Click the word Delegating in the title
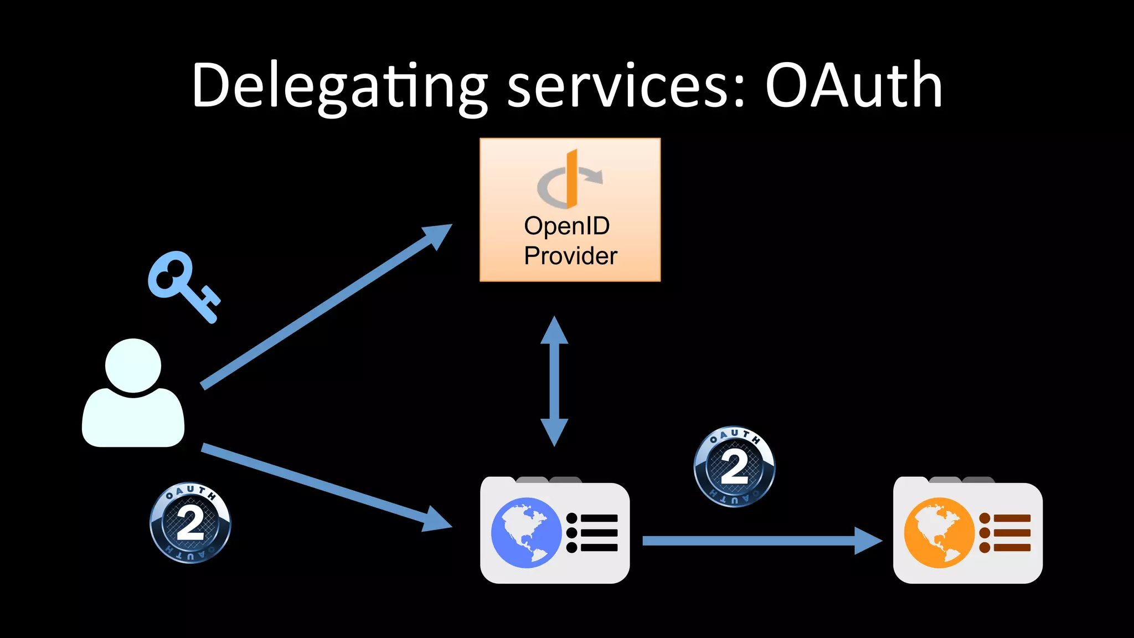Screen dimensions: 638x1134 tap(339, 86)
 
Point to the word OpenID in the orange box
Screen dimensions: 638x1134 tap(567, 226)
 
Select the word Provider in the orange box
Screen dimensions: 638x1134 tap(570, 256)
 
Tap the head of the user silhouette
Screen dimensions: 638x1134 tap(133, 366)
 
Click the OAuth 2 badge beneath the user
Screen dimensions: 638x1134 tap(190, 523)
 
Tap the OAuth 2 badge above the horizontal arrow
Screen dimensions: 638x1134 tap(734, 466)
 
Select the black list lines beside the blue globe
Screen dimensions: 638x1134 tap(592, 533)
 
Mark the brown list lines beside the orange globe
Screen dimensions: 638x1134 tap(1005, 533)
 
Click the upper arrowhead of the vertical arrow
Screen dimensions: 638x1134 tap(554, 331)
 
